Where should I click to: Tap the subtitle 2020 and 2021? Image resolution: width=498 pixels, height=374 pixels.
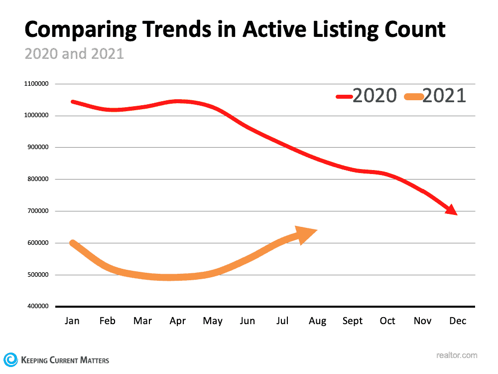74,54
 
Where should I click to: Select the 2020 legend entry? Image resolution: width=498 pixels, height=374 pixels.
367,95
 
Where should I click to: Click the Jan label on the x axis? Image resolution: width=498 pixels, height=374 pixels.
72,321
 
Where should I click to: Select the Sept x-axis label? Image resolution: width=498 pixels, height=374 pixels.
353,321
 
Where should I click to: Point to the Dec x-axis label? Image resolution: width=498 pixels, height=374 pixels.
458,321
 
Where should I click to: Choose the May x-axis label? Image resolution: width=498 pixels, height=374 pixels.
213,321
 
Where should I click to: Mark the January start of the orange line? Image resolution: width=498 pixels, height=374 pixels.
73,243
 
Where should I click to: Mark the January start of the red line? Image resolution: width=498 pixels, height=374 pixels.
73,101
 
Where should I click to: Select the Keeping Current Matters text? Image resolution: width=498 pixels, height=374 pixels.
65,360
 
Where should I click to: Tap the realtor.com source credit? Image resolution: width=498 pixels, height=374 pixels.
456,356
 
